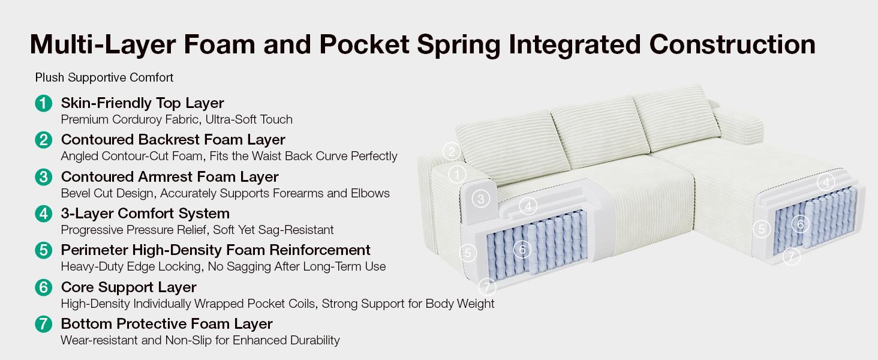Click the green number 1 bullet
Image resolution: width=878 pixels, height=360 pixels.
pyautogui.click(x=44, y=104)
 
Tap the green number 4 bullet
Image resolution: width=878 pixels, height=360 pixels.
pyautogui.click(x=44, y=214)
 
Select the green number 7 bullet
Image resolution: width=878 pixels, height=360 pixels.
pyautogui.click(x=44, y=325)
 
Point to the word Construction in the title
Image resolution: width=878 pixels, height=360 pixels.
pyautogui.click(x=732, y=44)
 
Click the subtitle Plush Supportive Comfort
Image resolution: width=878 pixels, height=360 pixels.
pyautogui.click(x=104, y=77)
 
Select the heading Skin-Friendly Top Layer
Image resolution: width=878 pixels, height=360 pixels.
pyautogui.click(x=142, y=103)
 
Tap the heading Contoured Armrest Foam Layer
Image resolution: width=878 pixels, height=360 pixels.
pyautogui.click(x=170, y=177)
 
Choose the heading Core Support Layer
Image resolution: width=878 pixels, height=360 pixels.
pyautogui.click(x=128, y=287)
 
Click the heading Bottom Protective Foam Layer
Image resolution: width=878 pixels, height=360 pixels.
pyautogui.click(x=167, y=324)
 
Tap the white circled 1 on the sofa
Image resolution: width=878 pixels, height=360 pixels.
pyautogui.click(x=456, y=175)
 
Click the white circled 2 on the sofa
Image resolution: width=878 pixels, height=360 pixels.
pyautogui.click(x=452, y=152)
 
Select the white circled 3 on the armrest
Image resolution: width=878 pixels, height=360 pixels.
pyautogui.click(x=480, y=199)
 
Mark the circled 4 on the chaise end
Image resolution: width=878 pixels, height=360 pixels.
pyautogui.click(x=826, y=182)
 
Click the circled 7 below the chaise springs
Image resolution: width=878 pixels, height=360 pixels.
pyautogui.click(x=792, y=256)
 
